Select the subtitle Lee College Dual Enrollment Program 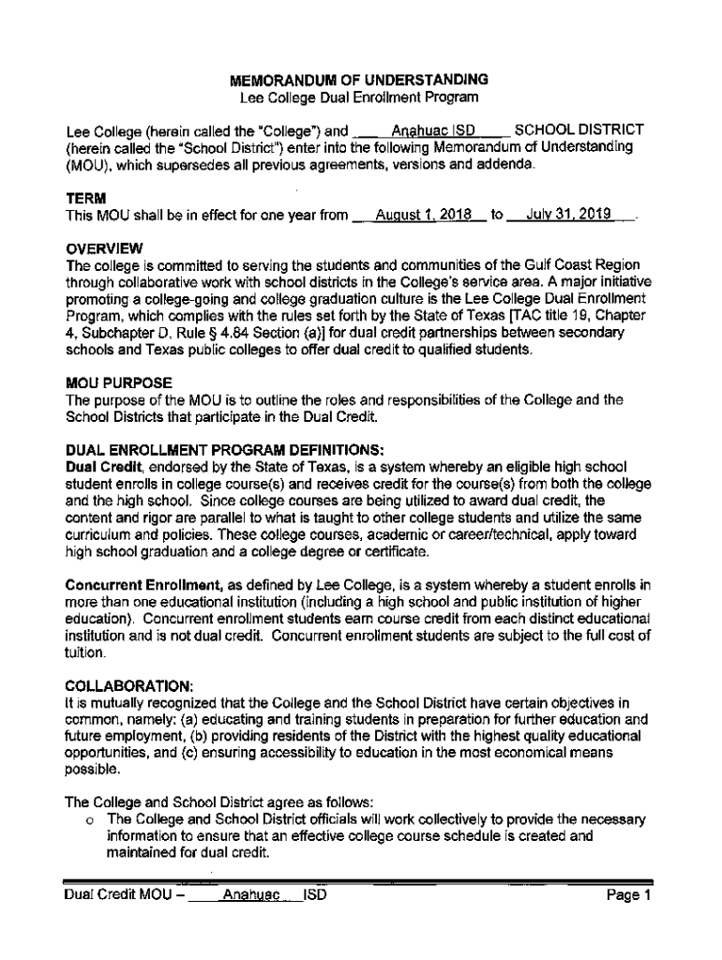point(360,97)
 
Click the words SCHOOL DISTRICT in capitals point(579,129)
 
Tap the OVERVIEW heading point(103,249)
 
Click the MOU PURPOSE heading point(118,383)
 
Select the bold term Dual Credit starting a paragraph point(103,467)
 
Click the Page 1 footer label point(628,896)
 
